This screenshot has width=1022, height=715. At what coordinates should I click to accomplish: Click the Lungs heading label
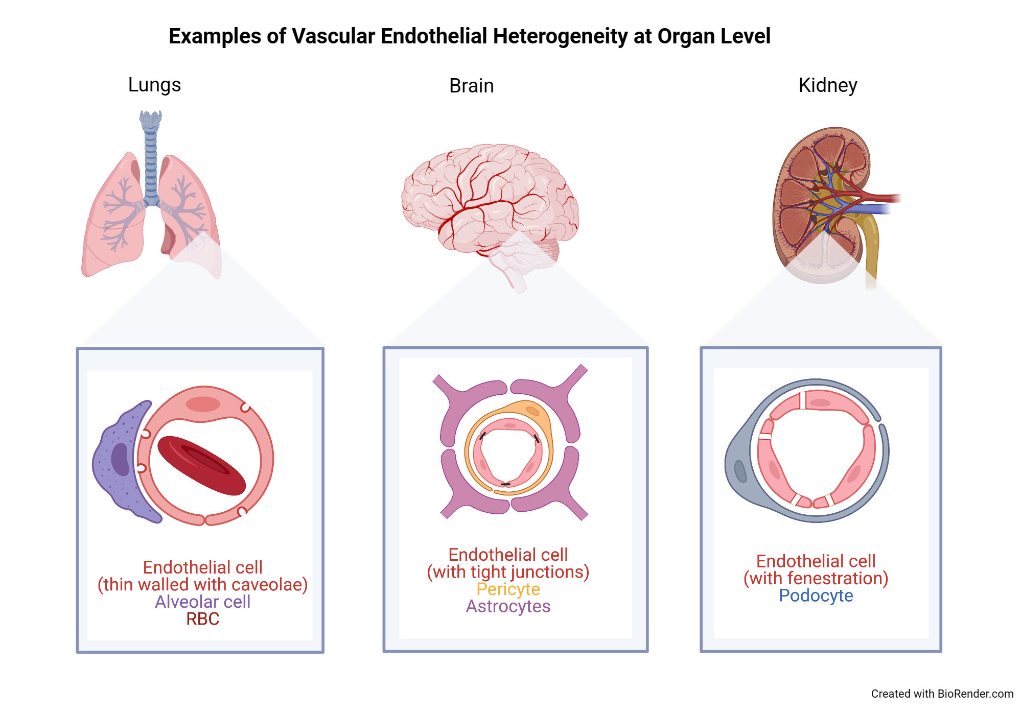tap(154, 85)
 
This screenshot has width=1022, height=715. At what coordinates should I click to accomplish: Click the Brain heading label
tap(471, 86)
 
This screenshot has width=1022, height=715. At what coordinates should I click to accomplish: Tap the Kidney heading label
tap(827, 85)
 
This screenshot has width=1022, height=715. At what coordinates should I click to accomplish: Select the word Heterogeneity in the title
tap(560, 36)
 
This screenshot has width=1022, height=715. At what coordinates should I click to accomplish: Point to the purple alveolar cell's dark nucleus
tap(121, 459)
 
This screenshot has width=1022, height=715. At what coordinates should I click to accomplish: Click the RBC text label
tap(202, 619)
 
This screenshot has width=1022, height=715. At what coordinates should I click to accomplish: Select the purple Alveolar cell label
tap(202, 602)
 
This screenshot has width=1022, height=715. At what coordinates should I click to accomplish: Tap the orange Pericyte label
tap(508, 589)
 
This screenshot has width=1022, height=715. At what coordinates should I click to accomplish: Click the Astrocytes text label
tap(508, 606)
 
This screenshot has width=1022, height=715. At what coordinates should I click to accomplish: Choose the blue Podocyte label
tap(816, 595)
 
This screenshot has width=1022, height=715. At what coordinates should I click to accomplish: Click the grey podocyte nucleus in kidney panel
tap(740, 471)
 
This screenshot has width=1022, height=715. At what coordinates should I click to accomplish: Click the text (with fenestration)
tap(816, 578)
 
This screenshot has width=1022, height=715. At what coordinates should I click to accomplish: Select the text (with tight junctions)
tap(508, 572)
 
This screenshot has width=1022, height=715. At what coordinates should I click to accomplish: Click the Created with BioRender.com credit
tap(942, 694)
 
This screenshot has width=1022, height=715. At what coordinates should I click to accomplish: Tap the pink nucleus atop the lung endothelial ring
tap(203, 404)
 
